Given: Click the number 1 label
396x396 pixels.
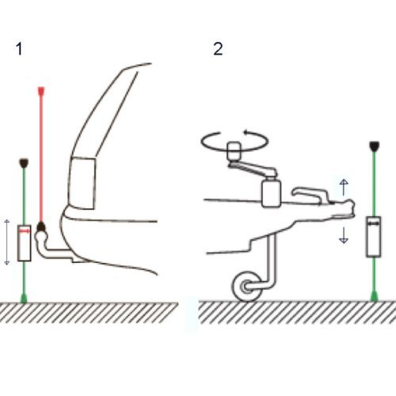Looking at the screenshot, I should pos(18,49).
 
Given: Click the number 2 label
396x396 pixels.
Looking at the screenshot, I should pos(218,49).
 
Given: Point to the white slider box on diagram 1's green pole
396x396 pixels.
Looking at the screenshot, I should pos(24,241).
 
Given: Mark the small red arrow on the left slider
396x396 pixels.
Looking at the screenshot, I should pos(26,229).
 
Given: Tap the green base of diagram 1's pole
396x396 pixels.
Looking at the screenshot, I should pos(24,297).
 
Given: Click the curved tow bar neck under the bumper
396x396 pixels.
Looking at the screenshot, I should pos(57,253).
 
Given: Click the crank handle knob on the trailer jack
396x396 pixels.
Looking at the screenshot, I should pos(235,149).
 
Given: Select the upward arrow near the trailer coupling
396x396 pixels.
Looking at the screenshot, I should pos(343,186).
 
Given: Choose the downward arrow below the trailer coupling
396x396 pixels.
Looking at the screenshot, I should pos(343,234).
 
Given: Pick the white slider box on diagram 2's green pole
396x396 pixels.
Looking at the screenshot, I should pos(373,238).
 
